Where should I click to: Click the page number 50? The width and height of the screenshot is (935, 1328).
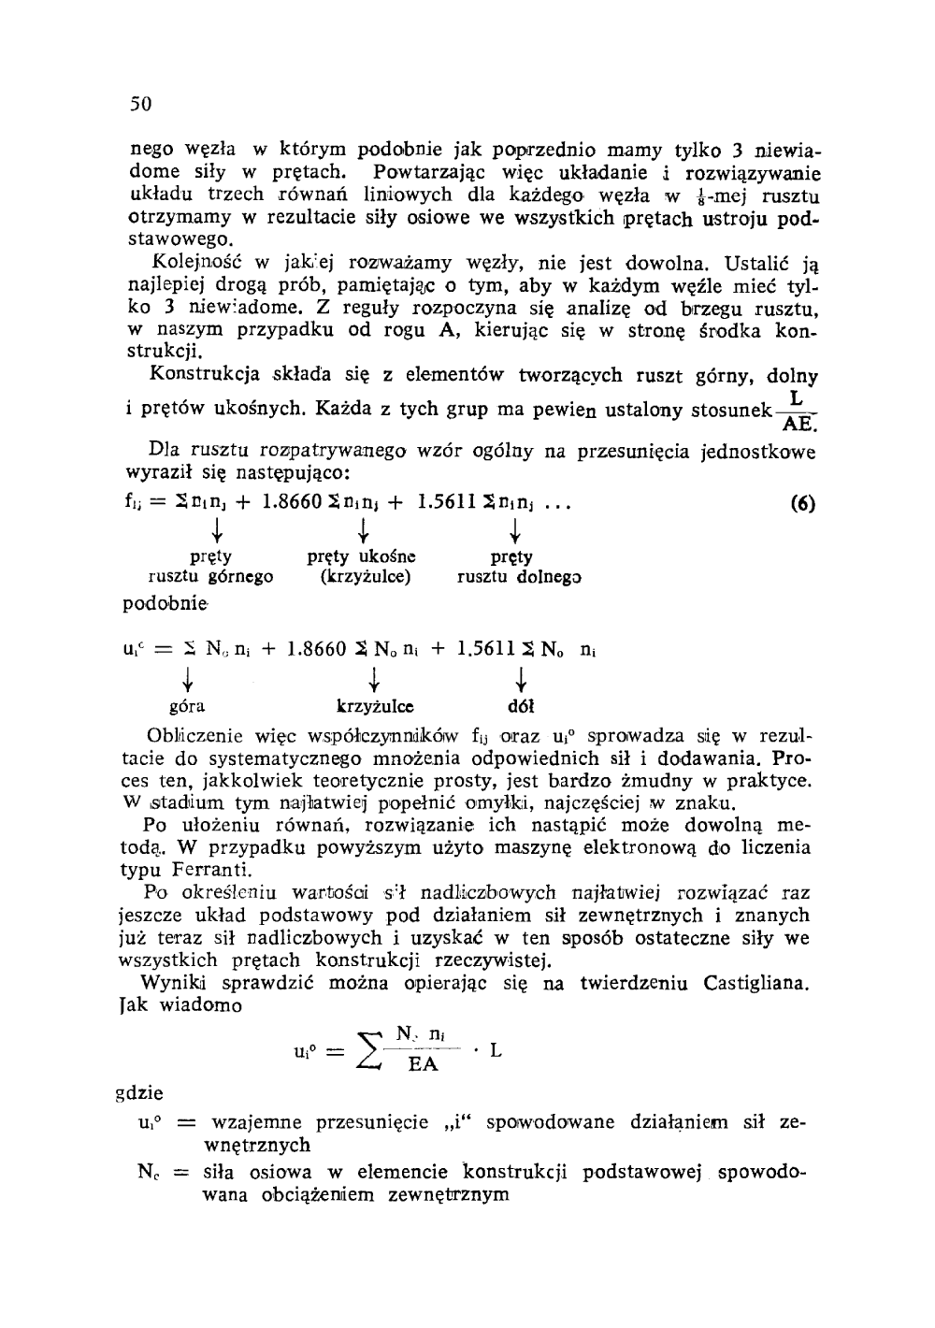pyautogui.click(x=140, y=103)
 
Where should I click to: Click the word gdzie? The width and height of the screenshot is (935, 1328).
pyautogui.click(x=138, y=1092)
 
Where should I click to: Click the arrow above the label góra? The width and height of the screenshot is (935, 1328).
pyautogui.click(x=189, y=676)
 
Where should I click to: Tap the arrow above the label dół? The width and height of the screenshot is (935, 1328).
pyautogui.click(x=520, y=676)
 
